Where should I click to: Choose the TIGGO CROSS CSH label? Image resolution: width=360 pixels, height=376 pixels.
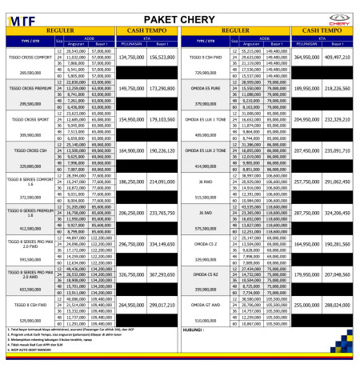pyautogui.click(x=30, y=149)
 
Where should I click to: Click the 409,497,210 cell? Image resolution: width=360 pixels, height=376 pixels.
pyautogui.click(x=338, y=58)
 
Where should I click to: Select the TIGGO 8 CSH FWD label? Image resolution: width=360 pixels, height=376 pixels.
pyautogui.click(x=30, y=304)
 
